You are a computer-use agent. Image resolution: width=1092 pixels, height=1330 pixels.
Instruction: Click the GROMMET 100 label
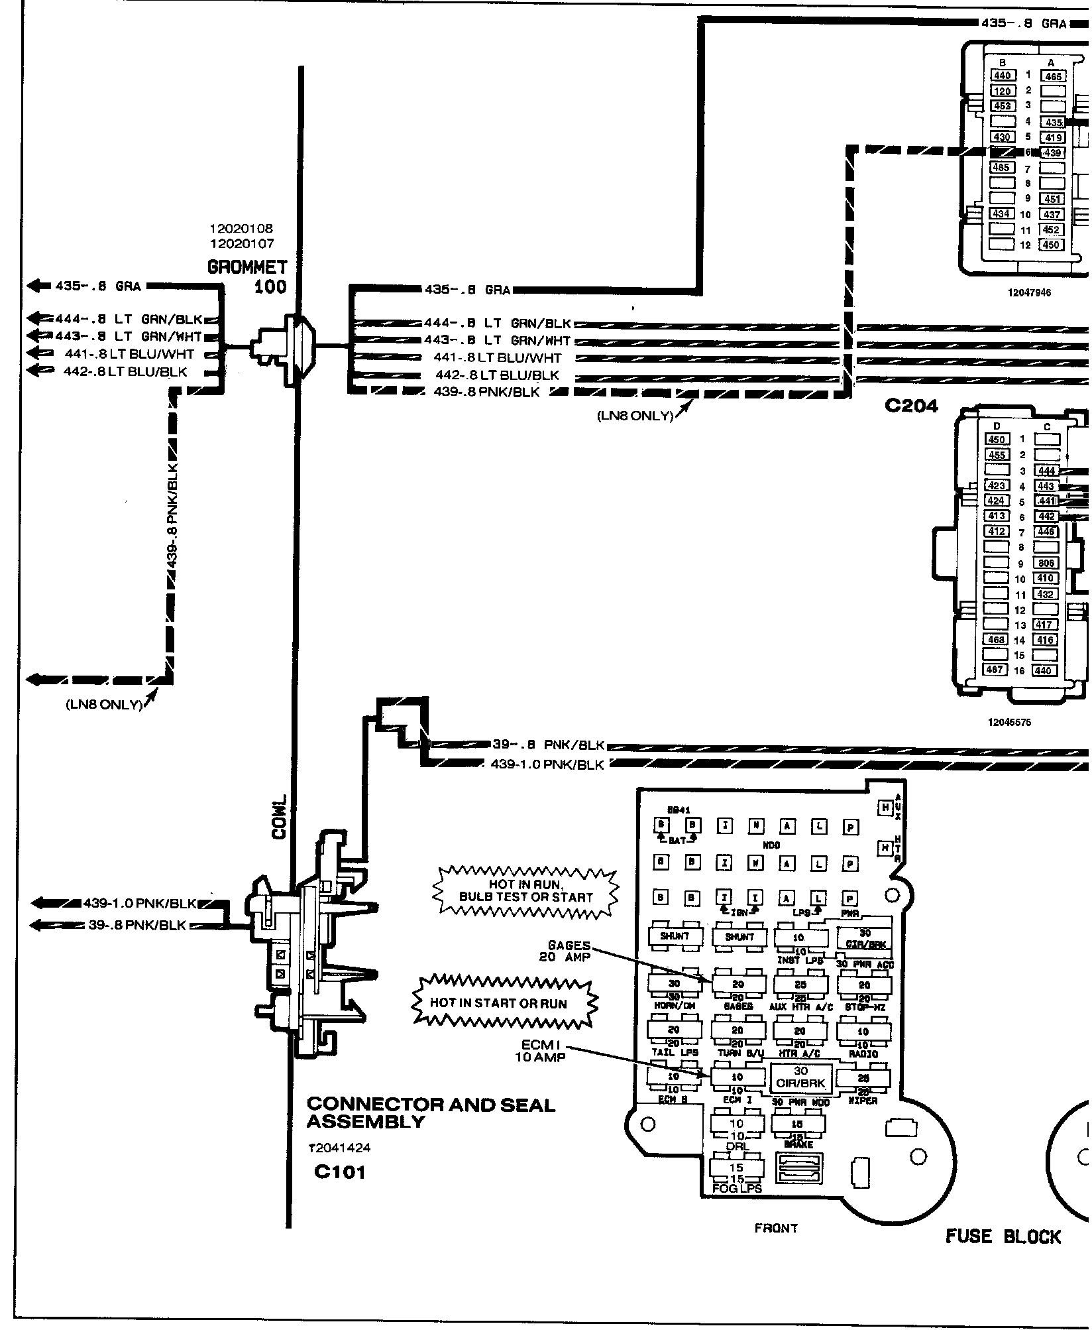click(x=247, y=276)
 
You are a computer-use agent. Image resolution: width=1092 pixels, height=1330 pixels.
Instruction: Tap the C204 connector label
click(x=912, y=406)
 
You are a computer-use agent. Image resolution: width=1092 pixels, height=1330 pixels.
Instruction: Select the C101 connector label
click(x=339, y=1172)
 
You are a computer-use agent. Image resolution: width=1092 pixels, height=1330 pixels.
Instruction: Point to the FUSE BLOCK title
click(x=1003, y=1236)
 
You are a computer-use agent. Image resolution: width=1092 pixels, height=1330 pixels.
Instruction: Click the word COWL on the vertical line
click(x=279, y=817)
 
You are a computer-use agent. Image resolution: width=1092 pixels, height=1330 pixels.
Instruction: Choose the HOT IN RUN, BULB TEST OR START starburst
click(x=525, y=891)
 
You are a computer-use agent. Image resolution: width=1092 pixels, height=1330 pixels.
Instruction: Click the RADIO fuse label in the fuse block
click(x=863, y=1054)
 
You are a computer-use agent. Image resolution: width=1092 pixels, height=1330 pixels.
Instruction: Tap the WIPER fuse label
click(x=863, y=1101)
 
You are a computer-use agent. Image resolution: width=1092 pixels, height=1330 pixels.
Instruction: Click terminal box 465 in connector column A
click(x=1054, y=76)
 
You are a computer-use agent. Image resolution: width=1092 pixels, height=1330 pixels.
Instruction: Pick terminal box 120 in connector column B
click(x=1002, y=91)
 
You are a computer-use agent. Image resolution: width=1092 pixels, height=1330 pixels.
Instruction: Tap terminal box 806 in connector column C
click(x=1046, y=563)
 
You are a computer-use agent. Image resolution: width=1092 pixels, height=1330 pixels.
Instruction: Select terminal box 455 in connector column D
click(x=997, y=455)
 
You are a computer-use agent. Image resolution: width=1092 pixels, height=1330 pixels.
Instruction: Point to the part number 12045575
click(x=1009, y=722)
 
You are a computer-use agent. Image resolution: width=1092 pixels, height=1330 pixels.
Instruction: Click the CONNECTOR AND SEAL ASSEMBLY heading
click(x=431, y=1113)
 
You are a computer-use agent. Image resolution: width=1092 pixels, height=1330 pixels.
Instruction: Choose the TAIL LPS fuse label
click(x=674, y=1052)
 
